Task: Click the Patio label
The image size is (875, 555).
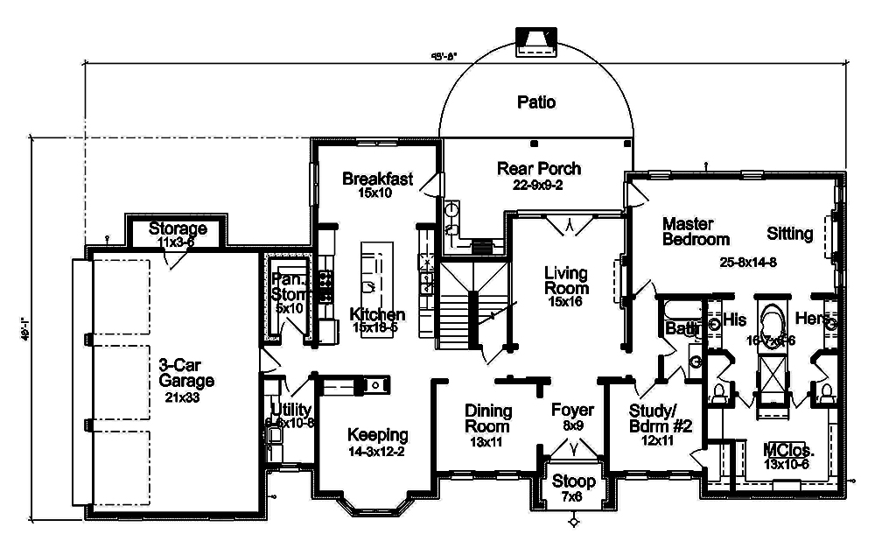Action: pyautogui.click(x=535, y=102)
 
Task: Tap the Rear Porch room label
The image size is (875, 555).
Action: pyautogui.click(x=538, y=168)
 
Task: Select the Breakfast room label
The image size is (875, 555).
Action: pyautogui.click(x=377, y=179)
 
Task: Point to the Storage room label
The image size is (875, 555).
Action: pyautogui.click(x=178, y=229)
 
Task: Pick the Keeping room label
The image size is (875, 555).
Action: pyautogui.click(x=377, y=434)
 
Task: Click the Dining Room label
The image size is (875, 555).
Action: pyautogui.click(x=487, y=418)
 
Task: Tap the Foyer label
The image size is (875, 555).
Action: pyautogui.click(x=572, y=411)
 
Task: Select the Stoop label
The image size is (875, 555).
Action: pyautogui.click(x=573, y=481)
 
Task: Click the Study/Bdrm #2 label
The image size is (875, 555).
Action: pyautogui.click(x=661, y=418)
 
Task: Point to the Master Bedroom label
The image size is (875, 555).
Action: pyautogui.click(x=696, y=231)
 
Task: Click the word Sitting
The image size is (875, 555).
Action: pyautogui.click(x=790, y=234)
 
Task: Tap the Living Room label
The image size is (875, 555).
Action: pyautogui.click(x=566, y=280)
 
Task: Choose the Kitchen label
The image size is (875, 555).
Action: pyautogui.click(x=377, y=314)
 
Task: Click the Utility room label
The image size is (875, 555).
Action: pyautogui.click(x=289, y=410)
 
